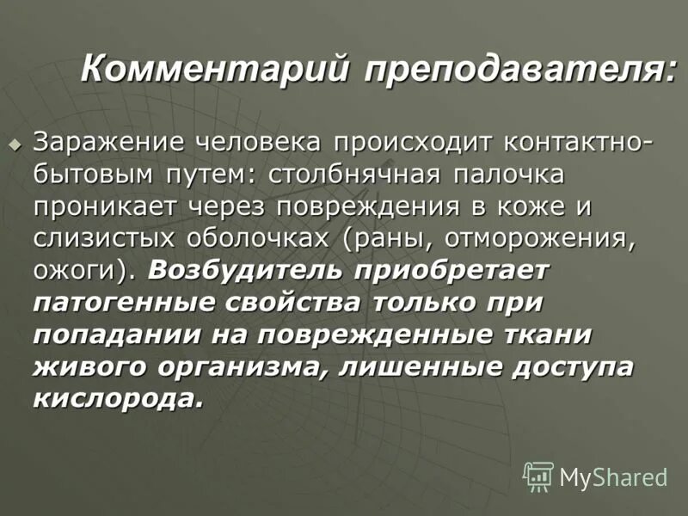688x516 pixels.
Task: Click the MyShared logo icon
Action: [x=537, y=475]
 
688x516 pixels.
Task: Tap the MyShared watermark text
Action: [x=613, y=476]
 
